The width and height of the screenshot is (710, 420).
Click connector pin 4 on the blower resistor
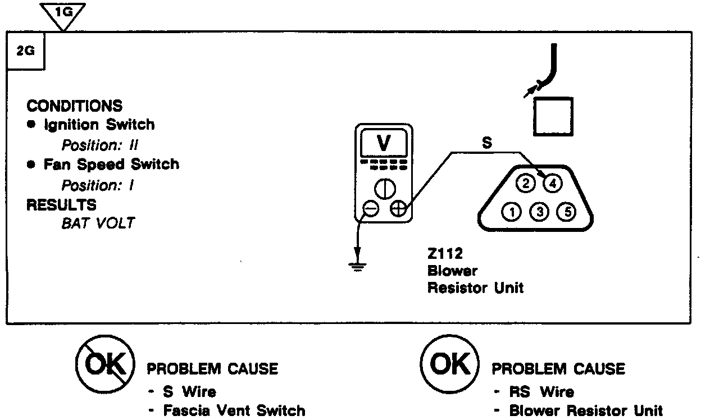[x=553, y=183]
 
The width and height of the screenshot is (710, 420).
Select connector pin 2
[x=526, y=183]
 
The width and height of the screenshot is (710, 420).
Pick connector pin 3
[x=539, y=212]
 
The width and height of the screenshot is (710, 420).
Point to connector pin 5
[x=567, y=212]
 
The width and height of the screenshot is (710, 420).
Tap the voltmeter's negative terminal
[x=370, y=209]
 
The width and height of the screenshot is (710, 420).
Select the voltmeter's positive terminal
[x=398, y=209]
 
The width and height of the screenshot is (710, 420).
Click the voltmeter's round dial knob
[x=384, y=187]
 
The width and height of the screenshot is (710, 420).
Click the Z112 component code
[x=445, y=254]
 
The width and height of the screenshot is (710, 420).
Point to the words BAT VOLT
[x=98, y=223]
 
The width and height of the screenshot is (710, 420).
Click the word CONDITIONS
[x=74, y=106]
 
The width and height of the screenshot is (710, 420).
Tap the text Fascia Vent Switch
[x=234, y=410]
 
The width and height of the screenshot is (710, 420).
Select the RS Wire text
[x=541, y=391]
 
